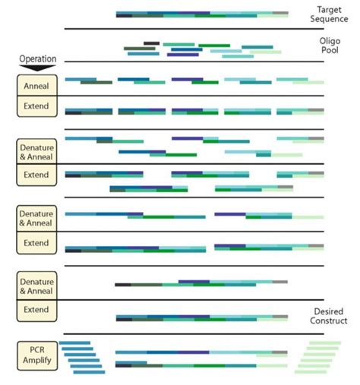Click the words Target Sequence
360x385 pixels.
(334, 14)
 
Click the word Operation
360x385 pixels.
(37, 58)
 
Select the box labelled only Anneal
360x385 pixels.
(38, 86)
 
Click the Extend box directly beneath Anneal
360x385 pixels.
(38, 106)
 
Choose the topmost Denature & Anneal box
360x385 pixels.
(38, 148)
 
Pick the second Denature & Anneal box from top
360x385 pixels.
(38, 216)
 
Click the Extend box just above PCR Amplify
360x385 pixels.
(38, 310)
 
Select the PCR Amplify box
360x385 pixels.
(38, 355)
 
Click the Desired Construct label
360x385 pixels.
(331, 317)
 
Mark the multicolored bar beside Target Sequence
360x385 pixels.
(202, 14)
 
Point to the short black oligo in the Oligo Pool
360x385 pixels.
(151, 43)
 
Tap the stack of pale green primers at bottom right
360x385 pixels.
(312, 358)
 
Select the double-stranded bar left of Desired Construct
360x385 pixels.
(202, 318)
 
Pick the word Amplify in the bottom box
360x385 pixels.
(38, 360)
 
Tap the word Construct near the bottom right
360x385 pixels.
(331, 321)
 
